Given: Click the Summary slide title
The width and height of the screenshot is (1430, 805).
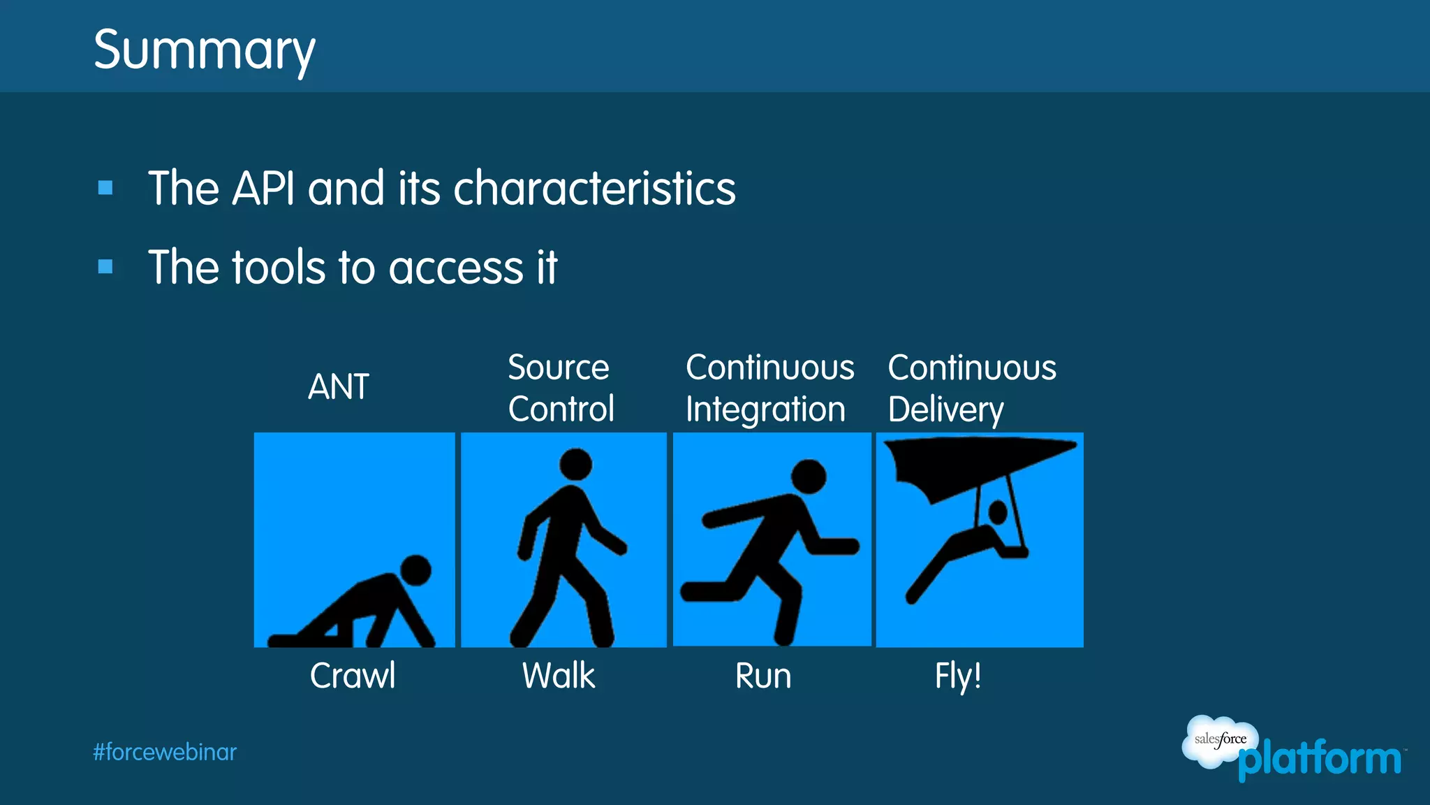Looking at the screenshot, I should (x=204, y=50).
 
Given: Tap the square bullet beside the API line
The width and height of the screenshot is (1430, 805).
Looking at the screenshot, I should (x=105, y=187).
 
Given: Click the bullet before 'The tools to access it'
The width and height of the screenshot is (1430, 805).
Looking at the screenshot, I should (x=105, y=266).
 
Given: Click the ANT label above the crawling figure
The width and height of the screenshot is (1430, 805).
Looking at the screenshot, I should (x=339, y=386).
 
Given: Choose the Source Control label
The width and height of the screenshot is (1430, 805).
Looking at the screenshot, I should (x=561, y=388).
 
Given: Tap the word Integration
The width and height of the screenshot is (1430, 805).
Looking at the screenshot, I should (x=765, y=409).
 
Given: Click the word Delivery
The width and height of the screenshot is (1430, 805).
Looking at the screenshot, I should (x=945, y=409).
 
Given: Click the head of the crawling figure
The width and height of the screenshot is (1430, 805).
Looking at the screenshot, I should (x=416, y=570).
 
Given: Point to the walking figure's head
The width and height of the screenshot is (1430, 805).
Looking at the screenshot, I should (x=575, y=464).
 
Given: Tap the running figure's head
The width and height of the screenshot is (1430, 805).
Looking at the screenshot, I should (x=809, y=477).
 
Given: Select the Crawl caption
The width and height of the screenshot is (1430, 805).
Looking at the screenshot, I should (x=353, y=676).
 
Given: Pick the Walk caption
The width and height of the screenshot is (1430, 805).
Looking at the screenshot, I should (x=559, y=676).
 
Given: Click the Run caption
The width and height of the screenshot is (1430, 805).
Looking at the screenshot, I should (x=763, y=676).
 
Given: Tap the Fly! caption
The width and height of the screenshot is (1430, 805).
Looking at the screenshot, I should (x=958, y=676).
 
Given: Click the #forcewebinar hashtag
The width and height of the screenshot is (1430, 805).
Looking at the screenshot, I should (x=165, y=752).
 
